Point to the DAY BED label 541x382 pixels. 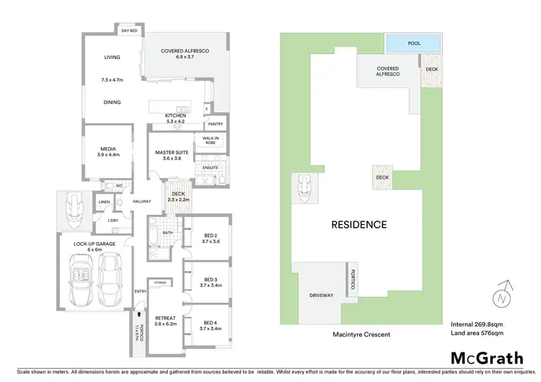click(130, 31)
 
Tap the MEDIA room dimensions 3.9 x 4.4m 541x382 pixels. click(107, 154)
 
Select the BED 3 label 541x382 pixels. click(210, 279)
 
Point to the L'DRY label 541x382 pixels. click(113, 220)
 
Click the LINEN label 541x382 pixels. click(105, 202)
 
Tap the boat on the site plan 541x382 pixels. click(302, 189)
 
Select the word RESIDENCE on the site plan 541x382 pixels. click(359, 224)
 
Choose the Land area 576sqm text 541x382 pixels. click(476, 334)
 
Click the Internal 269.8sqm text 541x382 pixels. click(475, 324)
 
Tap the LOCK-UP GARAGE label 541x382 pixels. click(94, 244)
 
